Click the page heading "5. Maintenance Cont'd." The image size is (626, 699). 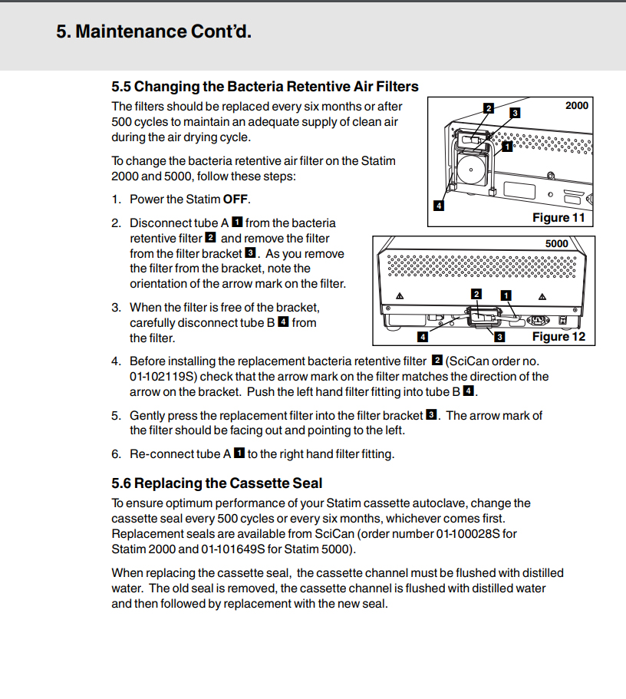click(153, 31)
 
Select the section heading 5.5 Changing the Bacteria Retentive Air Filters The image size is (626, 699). click(265, 86)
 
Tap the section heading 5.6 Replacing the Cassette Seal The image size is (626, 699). click(217, 483)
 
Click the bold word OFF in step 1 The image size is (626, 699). click(236, 199)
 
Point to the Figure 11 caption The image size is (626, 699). click(558, 217)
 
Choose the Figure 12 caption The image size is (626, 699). click(558, 336)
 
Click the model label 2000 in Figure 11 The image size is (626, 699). click(576, 105)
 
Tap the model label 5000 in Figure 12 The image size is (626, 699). click(556, 243)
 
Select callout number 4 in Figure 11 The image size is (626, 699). click(438, 206)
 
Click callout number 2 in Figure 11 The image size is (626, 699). click(488, 108)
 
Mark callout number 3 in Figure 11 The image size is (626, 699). click(515, 113)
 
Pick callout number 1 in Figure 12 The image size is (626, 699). click(506, 295)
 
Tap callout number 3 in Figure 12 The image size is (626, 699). click(499, 336)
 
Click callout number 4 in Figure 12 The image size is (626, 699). click(422, 336)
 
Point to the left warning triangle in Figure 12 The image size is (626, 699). click(398, 296)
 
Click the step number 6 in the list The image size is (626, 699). click(116, 453)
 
